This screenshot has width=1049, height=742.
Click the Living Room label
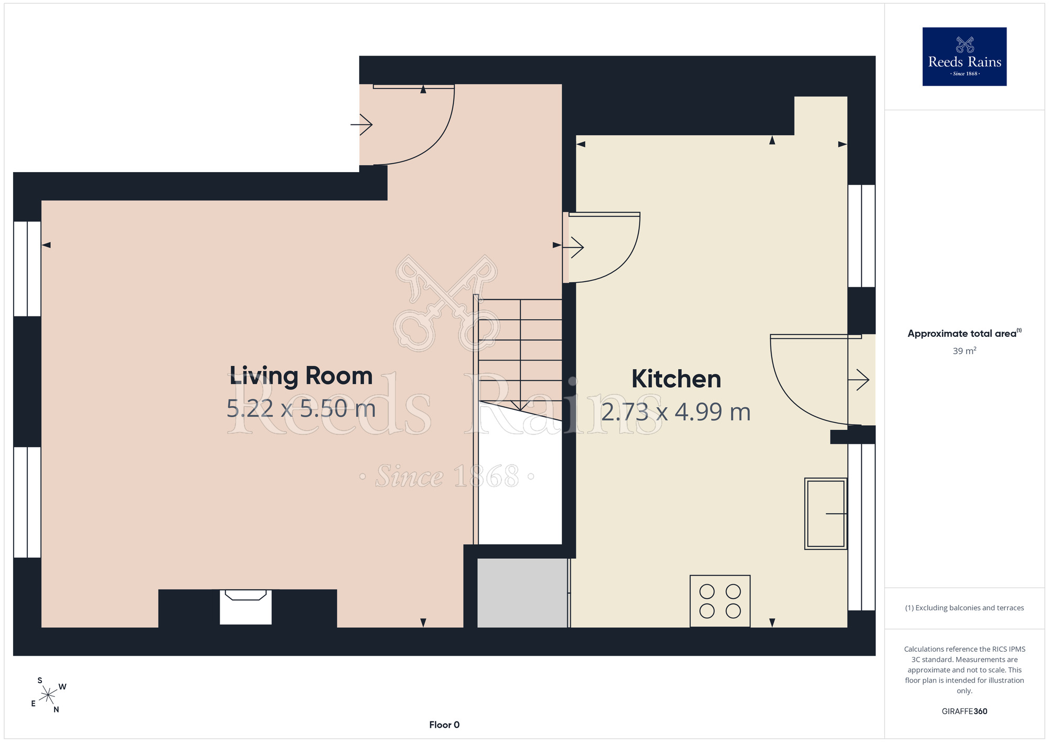[301, 376]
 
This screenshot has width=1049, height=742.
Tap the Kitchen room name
[676, 379]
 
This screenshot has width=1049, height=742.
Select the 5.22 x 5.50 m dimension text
[301, 408]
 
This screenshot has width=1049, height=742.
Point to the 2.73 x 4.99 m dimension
[676, 412]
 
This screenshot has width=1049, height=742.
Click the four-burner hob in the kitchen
[720, 601]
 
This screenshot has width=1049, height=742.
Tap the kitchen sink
[826, 514]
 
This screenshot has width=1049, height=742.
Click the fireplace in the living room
[245, 607]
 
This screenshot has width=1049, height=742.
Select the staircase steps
[520, 357]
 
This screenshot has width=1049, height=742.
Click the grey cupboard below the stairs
[522, 592]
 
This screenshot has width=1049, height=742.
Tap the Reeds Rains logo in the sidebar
[965, 57]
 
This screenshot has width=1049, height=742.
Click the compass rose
[48, 695]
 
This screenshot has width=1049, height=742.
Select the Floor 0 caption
[444, 725]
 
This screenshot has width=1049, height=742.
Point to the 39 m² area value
[965, 351]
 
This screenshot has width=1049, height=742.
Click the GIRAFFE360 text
[965, 712]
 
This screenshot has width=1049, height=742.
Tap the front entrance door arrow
[361, 125]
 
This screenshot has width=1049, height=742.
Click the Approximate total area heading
[965, 333]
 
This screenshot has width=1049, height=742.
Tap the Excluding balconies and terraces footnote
[965, 608]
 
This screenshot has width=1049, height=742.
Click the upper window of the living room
[27, 269]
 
